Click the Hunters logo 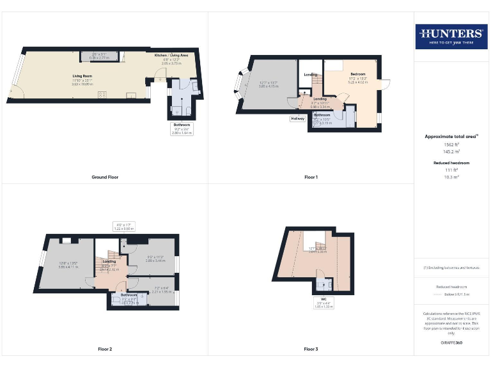[x=450, y=37]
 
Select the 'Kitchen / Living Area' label [x=171, y=56]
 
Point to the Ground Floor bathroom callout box [x=182, y=128]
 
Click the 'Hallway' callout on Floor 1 [x=298, y=118]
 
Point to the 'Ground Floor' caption [x=105, y=177]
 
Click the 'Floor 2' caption [x=105, y=349]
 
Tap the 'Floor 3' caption [x=311, y=349]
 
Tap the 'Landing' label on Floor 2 [x=109, y=261]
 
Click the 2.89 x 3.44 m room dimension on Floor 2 [x=155, y=261]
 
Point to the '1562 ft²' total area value [x=451, y=145]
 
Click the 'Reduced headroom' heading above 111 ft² [x=451, y=163]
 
